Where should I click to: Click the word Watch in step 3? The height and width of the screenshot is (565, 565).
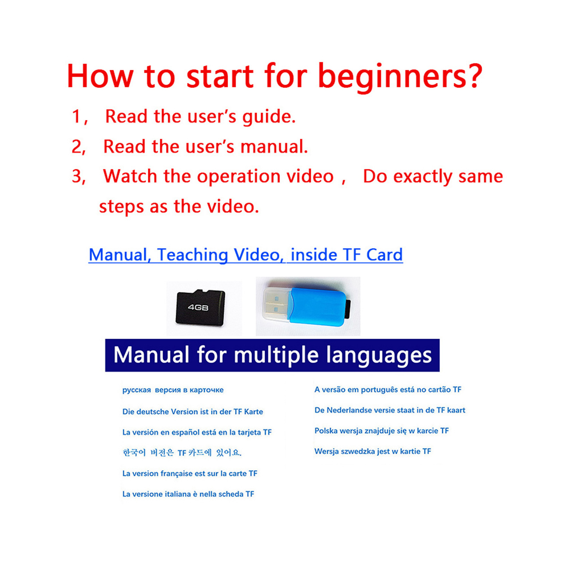[x=130, y=176]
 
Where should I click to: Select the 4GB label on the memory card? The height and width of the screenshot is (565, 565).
[x=198, y=308]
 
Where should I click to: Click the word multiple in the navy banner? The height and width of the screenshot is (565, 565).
[x=276, y=355]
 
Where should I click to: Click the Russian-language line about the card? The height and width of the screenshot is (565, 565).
[x=173, y=390]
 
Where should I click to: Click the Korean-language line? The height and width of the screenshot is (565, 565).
[x=182, y=452]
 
